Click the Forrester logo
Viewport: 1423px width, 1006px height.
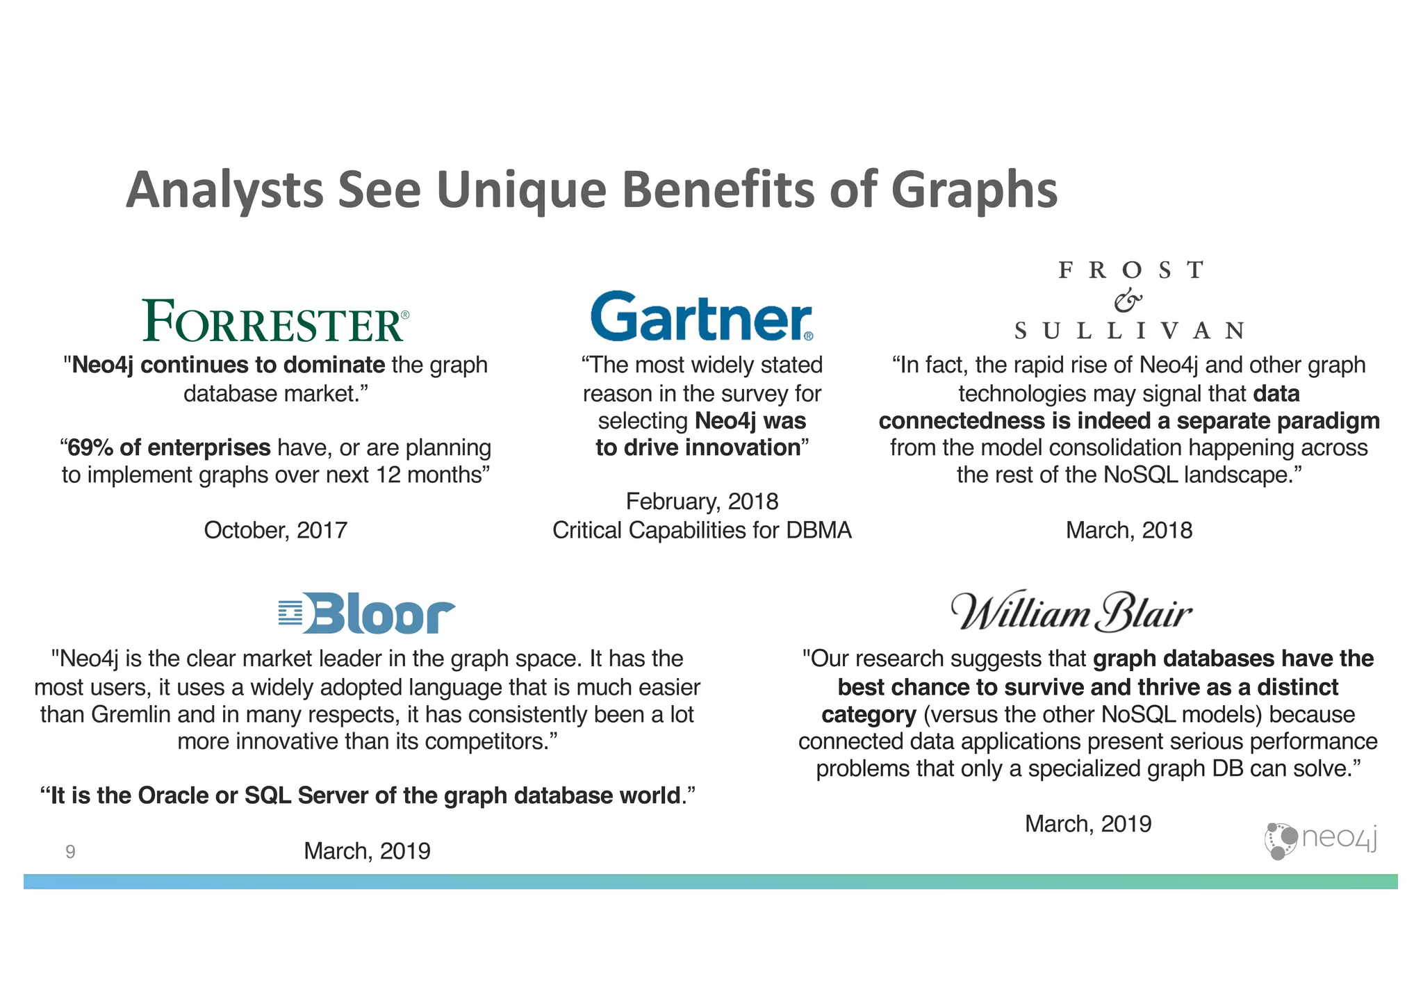pyautogui.click(x=275, y=321)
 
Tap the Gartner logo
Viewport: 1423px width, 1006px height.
pyautogui.click(x=701, y=317)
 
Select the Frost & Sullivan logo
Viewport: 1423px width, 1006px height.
pyautogui.click(x=1129, y=300)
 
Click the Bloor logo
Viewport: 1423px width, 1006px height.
pyautogui.click(x=366, y=613)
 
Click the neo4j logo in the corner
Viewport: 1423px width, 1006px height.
pyautogui.click(x=1320, y=840)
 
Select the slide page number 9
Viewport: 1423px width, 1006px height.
pyautogui.click(x=70, y=852)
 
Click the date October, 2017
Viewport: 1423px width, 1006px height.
pyautogui.click(x=275, y=530)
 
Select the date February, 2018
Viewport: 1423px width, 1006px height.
pyautogui.click(x=702, y=501)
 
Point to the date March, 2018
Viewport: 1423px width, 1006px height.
pyautogui.click(x=1128, y=530)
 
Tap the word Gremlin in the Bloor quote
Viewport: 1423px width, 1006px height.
pyautogui.click(x=131, y=714)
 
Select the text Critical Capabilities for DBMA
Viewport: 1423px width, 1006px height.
pyautogui.click(x=702, y=530)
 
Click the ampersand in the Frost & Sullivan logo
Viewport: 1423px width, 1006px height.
pyautogui.click(x=1128, y=300)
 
